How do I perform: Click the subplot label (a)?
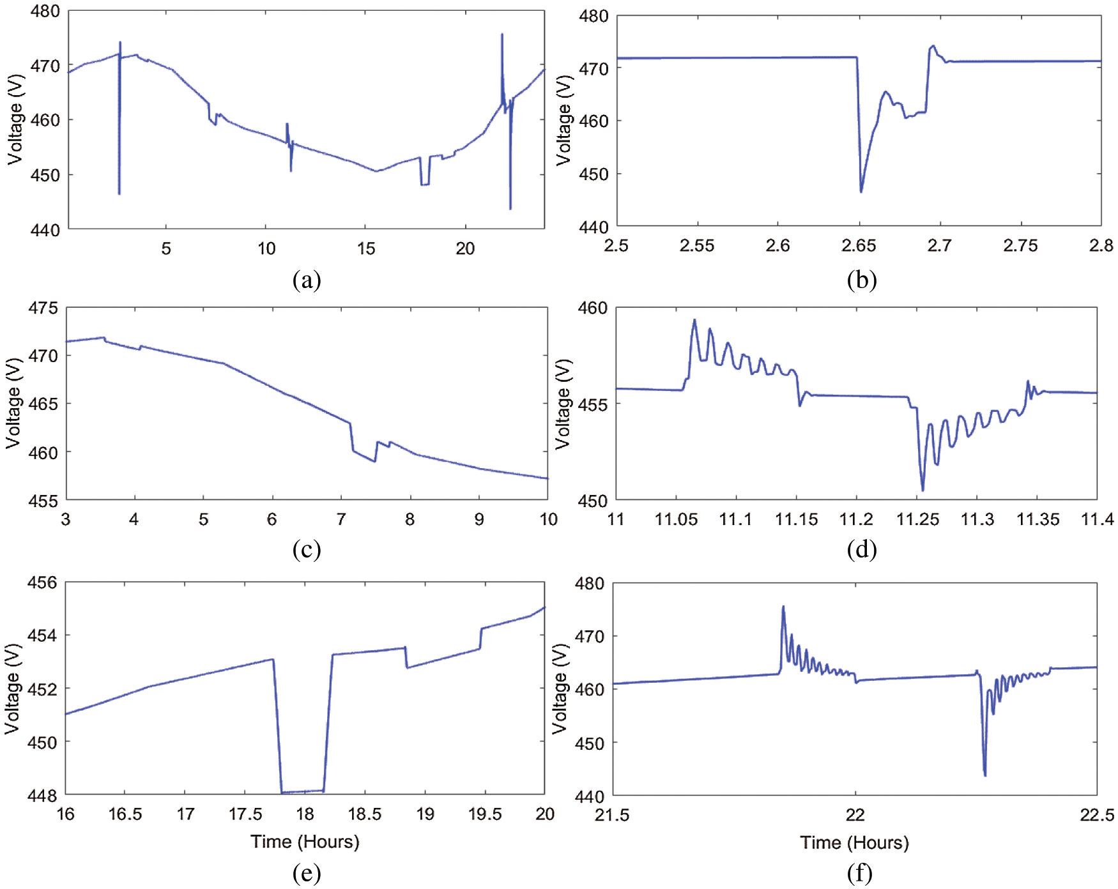click(x=306, y=280)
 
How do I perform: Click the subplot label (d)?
click(x=861, y=549)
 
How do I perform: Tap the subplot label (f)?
click(x=860, y=873)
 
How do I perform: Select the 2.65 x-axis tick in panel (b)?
click(x=859, y=246)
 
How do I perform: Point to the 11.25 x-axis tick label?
click(x=917, y=519)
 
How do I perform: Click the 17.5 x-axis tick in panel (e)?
click(x=245, y=814)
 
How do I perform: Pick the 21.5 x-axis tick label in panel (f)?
click(x=612, y=815)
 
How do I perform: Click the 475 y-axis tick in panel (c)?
click(x=43, y=308)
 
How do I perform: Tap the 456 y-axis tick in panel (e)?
click(x=42, y=582)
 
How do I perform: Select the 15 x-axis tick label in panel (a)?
click(x=366, y=248)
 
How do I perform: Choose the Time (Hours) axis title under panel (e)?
click(x=305, y=842)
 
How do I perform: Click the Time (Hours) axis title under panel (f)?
click(x=854, y=843)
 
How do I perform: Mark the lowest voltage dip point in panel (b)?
click(x=861, y=192)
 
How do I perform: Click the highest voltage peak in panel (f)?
click(x=783, y=607)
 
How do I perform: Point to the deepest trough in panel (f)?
click(x=985, y=775)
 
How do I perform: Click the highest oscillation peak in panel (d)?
click(x=694, y=320)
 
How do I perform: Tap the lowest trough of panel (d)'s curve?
click(x=923, y=490)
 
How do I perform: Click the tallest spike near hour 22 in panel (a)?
click(x=502, y=34)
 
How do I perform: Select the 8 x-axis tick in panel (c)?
click(x=410, y=519)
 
